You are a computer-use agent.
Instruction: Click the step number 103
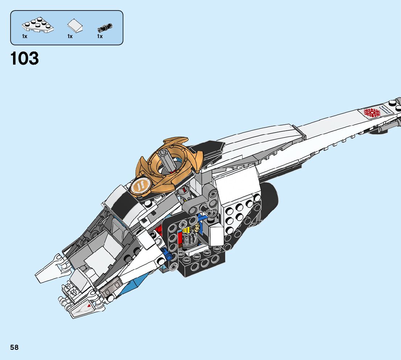[x=25, y=59]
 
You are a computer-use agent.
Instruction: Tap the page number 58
[x=15, y=347]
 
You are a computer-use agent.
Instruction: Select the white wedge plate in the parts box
[x=37, y=26]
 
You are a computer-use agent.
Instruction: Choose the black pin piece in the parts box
[x=105, y=28]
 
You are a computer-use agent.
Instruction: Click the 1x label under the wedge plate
[x=25, y=37]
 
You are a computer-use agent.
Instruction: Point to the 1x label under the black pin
[x=100, y=37]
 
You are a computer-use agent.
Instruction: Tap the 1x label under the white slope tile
[x=70, y=37]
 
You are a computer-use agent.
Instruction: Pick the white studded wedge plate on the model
[x=237, y=214]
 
